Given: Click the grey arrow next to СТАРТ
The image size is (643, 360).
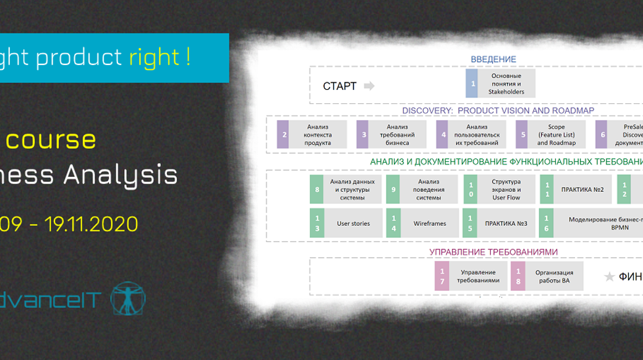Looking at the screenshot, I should [x=369, y=86].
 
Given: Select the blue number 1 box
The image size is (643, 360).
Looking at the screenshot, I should [x=472, y=84].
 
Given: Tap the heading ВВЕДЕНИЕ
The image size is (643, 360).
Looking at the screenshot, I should [x=493, y=59].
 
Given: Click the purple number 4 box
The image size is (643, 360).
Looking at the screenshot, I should [x=442, y=134].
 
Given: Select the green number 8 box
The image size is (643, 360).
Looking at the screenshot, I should [x=317, y=189].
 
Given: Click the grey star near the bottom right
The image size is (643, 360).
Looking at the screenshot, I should [x=609, y=277].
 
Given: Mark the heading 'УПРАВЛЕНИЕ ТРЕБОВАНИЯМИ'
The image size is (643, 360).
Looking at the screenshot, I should [x=493, y=252].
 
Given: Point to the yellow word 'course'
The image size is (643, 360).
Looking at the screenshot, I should [x=59, y=139].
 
